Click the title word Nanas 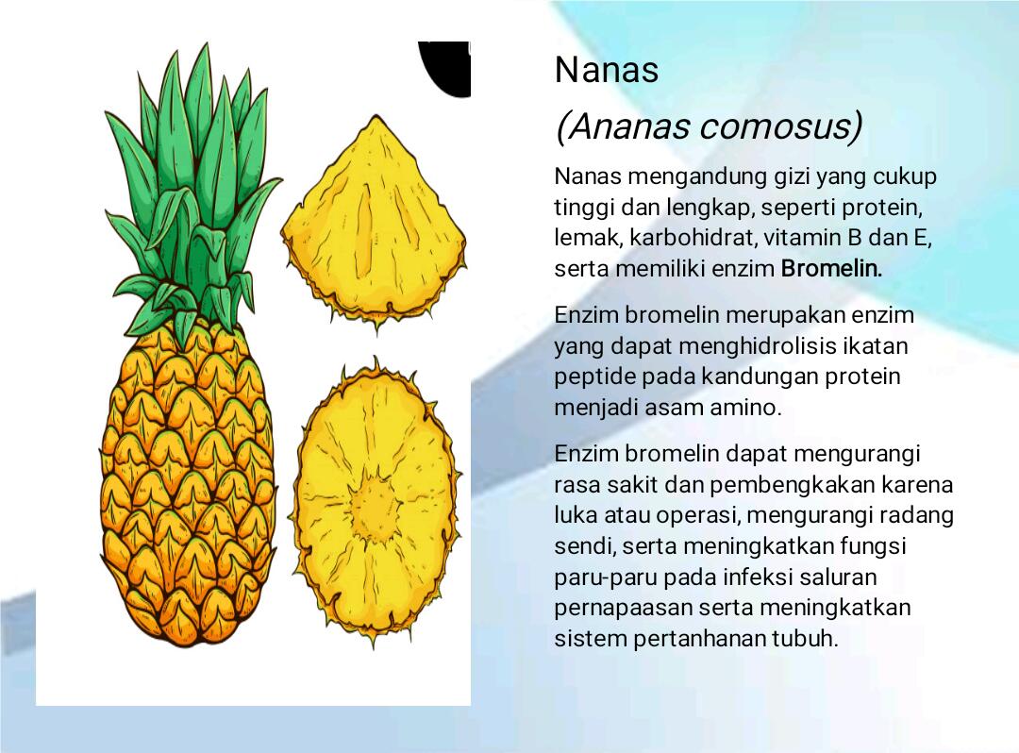(x=607, y=70)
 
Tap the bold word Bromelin (x=831, y=268)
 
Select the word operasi (x=698, y=516)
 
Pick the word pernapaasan (x=622, y=609)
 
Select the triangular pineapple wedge (x=374, y=225)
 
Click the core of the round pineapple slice (x=375, y=504)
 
